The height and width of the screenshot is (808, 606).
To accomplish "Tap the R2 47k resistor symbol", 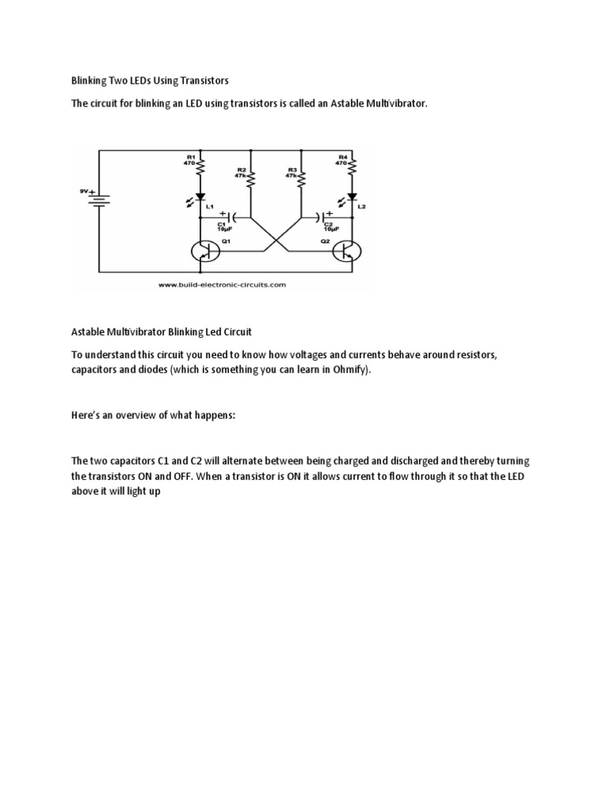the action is pyautogui.click(x=251, y=179).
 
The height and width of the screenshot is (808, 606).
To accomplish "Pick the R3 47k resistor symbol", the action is pyautogui.click(x=301, y=179).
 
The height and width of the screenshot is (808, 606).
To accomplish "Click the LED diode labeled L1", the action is pyautogui.click(x=200, y=197).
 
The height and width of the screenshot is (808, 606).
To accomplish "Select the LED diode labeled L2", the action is pyautogui.click(x=352, y=197).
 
